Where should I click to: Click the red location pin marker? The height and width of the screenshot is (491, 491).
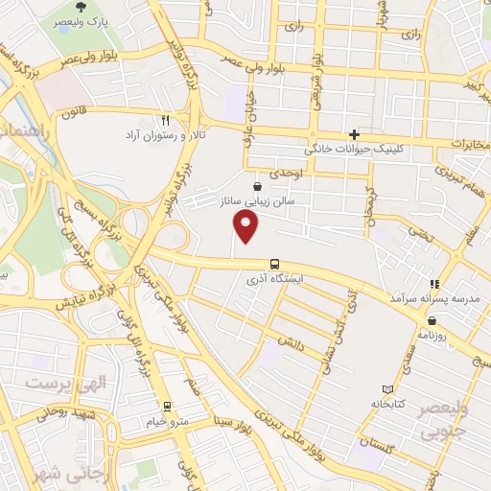[x=246, y=227]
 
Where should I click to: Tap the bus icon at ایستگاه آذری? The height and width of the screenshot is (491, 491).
[x=275, y=263]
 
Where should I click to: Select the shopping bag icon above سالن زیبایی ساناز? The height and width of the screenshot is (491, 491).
[x=256, y=186]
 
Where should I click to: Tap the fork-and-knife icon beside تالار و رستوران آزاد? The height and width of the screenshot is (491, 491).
[x=166, y=120]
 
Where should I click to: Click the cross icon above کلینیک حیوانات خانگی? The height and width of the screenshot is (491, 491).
[x=355, y=134]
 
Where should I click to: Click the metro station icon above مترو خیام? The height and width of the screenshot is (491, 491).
[x=168, y=407]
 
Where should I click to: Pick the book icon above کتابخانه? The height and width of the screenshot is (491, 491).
[x=387, y=389]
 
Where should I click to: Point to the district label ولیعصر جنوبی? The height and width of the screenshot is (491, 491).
[x=448, y=421]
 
